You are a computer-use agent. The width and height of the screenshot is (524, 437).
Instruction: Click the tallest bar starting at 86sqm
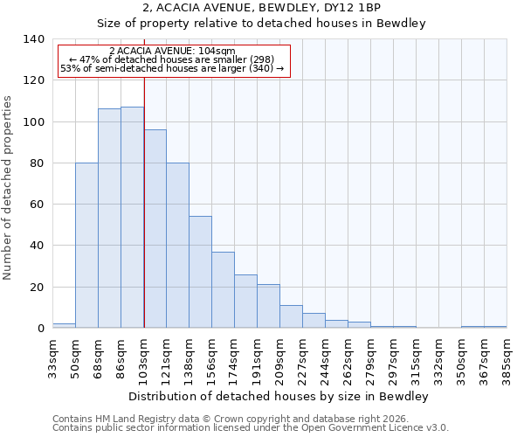coord(132,218)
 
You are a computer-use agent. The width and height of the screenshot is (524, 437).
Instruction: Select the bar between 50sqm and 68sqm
coord(86,246)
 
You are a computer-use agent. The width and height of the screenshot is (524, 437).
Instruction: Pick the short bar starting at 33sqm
coord(64,325)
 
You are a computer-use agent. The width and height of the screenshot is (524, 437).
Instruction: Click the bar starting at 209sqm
coord(291,316)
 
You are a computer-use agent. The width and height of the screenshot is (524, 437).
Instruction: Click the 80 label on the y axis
coord(37,163)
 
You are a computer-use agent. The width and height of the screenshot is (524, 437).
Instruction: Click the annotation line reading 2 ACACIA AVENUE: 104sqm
coord(172,52)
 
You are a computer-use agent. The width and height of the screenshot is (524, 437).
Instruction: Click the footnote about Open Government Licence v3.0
coord(251,428)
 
